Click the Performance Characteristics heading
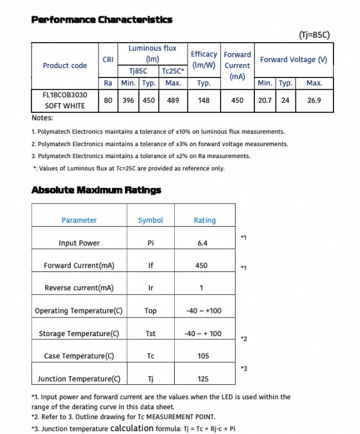pyautogui.click(x=101, y=20)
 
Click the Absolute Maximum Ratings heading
pyautogui.click(x=96, y=190)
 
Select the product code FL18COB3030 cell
pyautogui.click(x=65, y=95)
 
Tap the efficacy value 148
pyautogui.click(x=204, y=101)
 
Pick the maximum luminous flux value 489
pyautogui.click(x=173, y=101)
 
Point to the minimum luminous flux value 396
pyautogui.click(x=128, y=101)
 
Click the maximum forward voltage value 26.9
pyautogui.click(x=314, y=101)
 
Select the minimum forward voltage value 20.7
pyautogui.click(x=264, y=101)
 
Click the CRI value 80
pyautogui.click(x=108, y=101)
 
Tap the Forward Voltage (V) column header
pyautogui.click(x=293, y=60)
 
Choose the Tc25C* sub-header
pyautogui.click(x=173, y=71)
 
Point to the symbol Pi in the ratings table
pyautogui.click(x=150, y=243)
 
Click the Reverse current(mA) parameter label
pyautogui.click(x=79, y=288)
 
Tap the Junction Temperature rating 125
pyautogui.click(x=203, y=379)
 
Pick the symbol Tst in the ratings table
pyautogui.click(x=150, y=334)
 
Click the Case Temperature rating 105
pyautogui.click(x=203, y=356)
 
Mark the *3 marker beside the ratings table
pyautogui.click(x=244, y=368)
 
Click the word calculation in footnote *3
pyautogui.click(x=132, y=428)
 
